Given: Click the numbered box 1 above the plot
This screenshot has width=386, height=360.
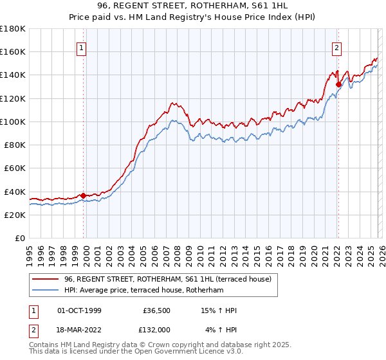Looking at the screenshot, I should (x=82, y=47).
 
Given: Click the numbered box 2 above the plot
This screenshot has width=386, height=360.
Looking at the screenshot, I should (x=337, y=47).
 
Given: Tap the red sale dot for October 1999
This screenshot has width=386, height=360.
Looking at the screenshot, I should (x=83, y=195).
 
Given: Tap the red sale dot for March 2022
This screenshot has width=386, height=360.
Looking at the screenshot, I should (x=338, y=84).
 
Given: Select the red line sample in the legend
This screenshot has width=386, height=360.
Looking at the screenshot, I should (x=45, y=279).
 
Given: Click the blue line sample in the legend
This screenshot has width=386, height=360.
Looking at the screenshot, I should (x=45, y=291).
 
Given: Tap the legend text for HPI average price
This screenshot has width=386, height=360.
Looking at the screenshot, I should (x=143, y=291).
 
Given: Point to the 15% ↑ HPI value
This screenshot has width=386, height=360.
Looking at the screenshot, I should (x=219, y=310).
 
